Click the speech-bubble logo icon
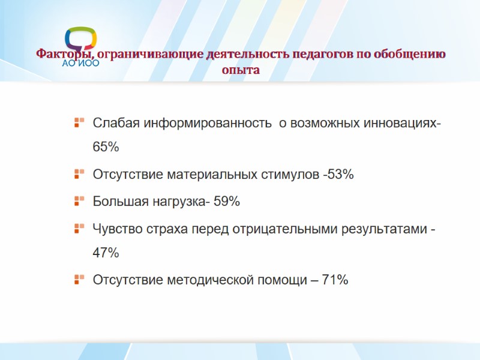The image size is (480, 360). click(x=80, y=40)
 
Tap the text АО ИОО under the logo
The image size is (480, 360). click(x=81, y=62)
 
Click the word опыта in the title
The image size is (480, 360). click(x=240, y=70)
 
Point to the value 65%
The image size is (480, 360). click(x=106, y=147)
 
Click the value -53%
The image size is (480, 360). click(x=338, y=175)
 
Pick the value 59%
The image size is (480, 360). click(x=227, y=202)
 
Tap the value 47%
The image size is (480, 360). click(x=106, y=253)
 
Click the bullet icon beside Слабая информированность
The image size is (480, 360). click(x=78, y=123)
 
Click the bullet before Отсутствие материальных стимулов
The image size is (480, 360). click(x=78, y=175)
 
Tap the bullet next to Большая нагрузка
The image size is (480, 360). click(x=78, y=202)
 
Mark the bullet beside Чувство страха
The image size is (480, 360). click(x=78, y=228)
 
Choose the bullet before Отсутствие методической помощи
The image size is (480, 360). click(x=78, y=280)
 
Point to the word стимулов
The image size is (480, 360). click(x=290, y=175)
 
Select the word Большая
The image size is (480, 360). click(x=116, y=202)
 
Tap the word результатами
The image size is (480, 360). click(x=383, y=229)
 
